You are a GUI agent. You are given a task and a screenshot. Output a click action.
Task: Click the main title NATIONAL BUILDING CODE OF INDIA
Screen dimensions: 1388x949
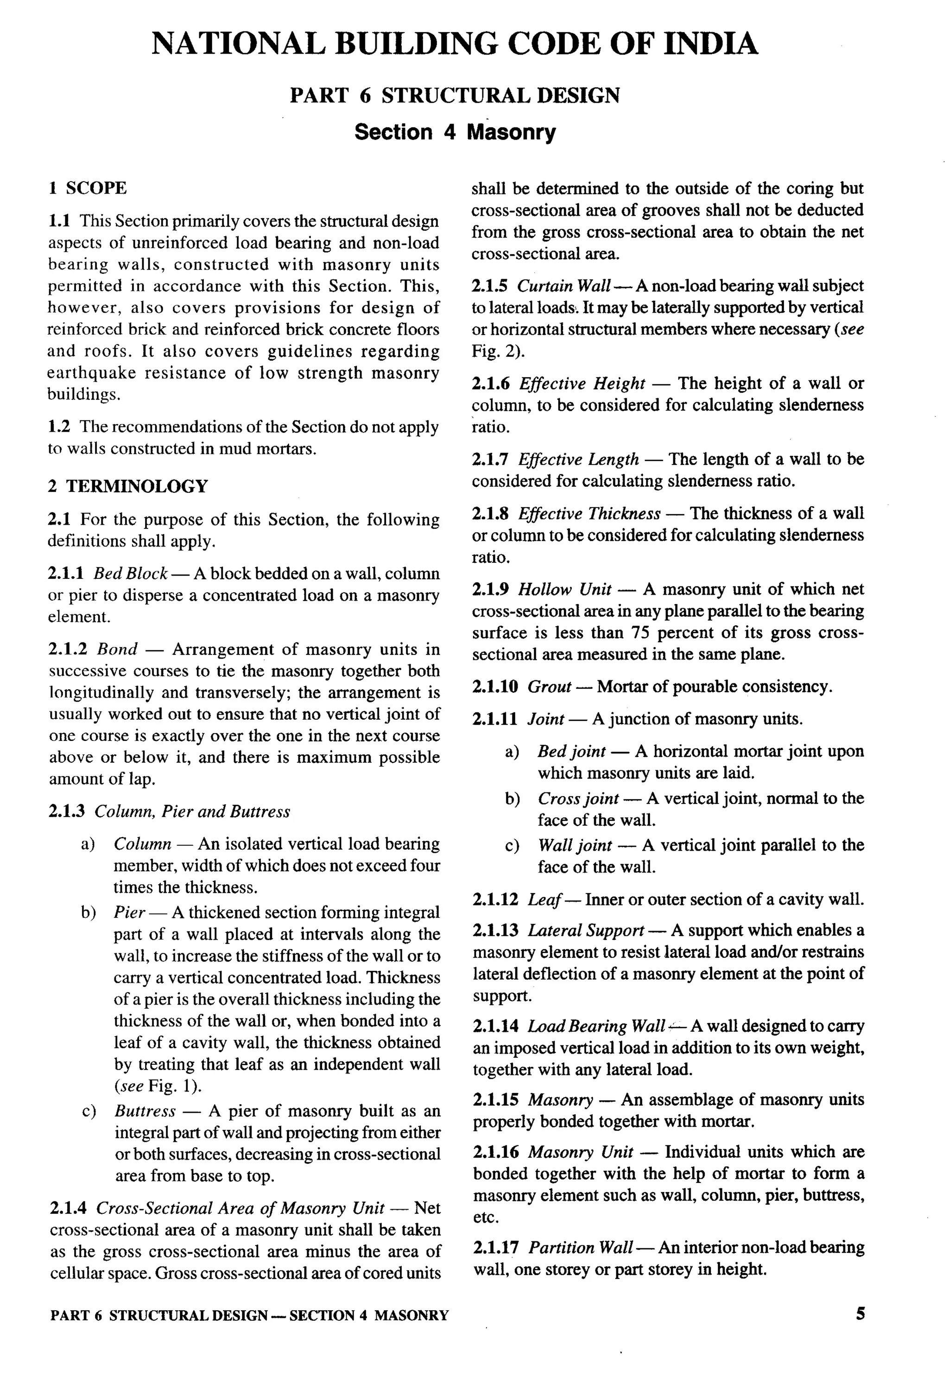pyautogui.click(x=454, y=45)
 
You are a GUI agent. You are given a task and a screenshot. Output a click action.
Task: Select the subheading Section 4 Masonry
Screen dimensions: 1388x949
pyautogui.click(x=455, y=132)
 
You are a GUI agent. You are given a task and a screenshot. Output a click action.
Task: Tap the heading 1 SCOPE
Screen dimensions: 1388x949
pyautogui.click(x=87, y=189)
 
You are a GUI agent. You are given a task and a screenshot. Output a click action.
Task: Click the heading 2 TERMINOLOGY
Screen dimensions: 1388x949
pyautogui.click(x=128, y=486)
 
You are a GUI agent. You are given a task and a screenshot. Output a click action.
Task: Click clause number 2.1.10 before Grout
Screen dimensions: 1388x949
pyautogui.click(x=495, y=687)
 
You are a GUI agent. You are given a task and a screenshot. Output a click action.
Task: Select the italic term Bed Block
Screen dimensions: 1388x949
pyautogui.click(x=131, y=574)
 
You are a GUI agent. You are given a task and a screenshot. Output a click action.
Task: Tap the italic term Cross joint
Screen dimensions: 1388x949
pyautogui.click(x=577, y=798)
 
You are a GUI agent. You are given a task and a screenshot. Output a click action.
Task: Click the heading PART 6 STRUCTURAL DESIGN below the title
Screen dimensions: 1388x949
pyautogui.click(x=455, y=95)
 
